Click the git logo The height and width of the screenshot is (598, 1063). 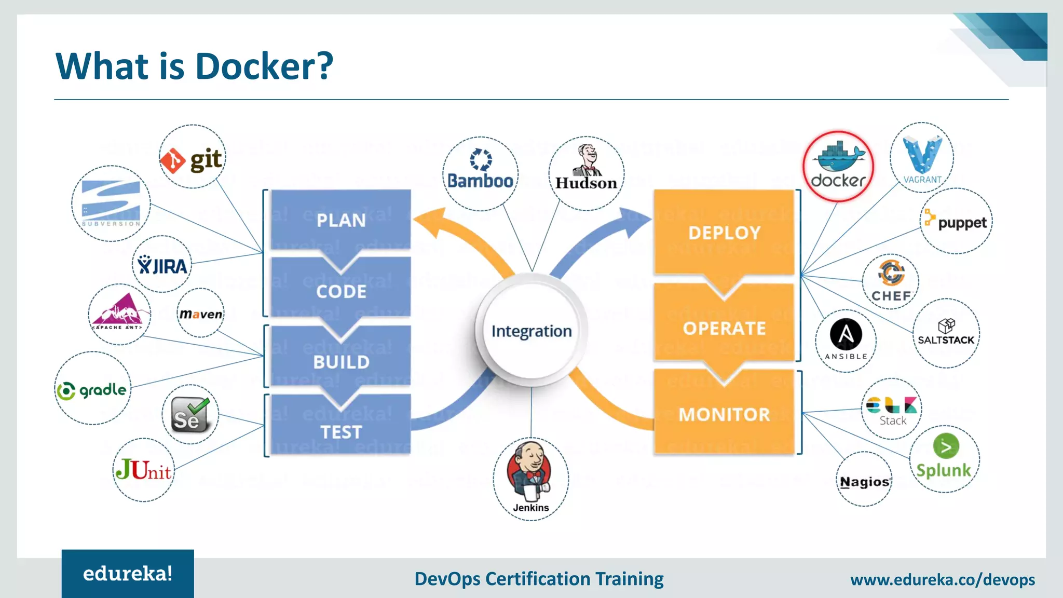pos(192,158)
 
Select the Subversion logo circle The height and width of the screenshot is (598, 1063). pos(111,203)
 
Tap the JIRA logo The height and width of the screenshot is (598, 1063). pos(162,265)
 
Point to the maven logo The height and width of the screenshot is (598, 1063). pos(201,314)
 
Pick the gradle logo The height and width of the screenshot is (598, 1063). pos(92,389)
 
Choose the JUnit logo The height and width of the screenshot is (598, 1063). pos(144,470)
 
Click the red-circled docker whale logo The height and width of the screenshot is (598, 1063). pos(838,167)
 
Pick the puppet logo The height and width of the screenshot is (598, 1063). pos(956,222)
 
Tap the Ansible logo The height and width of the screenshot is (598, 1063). pos(846,340)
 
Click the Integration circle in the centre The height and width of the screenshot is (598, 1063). pos(531,331)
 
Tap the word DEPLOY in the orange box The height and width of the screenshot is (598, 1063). pos(724,233)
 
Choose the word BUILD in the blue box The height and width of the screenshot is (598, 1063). pos(341,362)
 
